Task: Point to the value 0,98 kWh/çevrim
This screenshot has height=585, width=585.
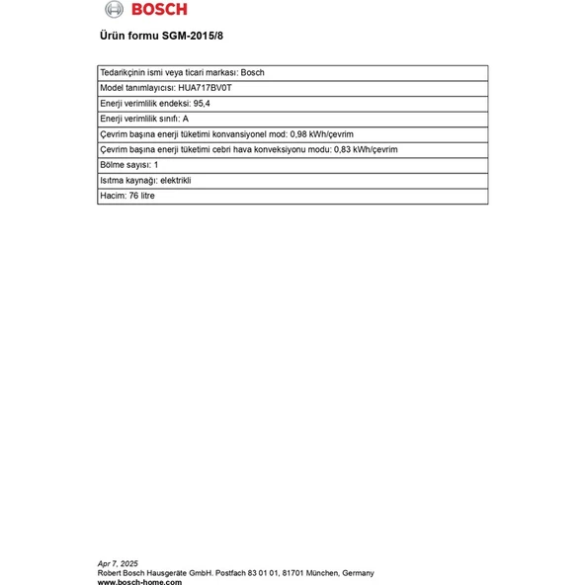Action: click(322, 133)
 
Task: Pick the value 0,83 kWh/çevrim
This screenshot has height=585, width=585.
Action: click(366, 149)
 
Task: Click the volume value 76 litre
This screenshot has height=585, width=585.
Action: click(141, 196)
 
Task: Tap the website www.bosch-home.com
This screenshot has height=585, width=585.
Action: click(137, 582)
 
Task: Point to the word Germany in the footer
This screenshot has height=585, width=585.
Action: click(358, 573)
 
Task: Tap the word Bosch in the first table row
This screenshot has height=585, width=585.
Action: click(253, 72)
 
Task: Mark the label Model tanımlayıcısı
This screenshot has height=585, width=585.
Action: click(138, 87)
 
